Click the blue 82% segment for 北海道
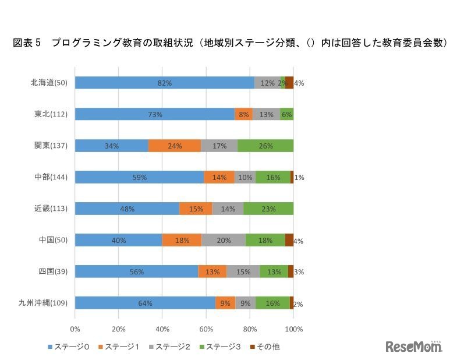[x=165, y=83]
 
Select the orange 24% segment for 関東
[x=175, y=146]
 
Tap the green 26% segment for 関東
[x=265, y=146]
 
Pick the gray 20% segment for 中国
[x=224, y=240]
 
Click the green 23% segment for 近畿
[x=268, y=209]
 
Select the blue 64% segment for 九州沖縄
[x=145, y=303]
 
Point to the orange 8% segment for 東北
[x=243, y=114]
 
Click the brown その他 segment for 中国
[x=289, y=240]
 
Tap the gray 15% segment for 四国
[x=243, y=271]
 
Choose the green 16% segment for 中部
[x=273, y=177]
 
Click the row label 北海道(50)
[x=49, y=83]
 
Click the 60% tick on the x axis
[x=206, y=329]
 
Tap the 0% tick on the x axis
[x=75, y=329]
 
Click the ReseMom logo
[x=414, y=346]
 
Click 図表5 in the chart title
[x=26, y=43]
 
